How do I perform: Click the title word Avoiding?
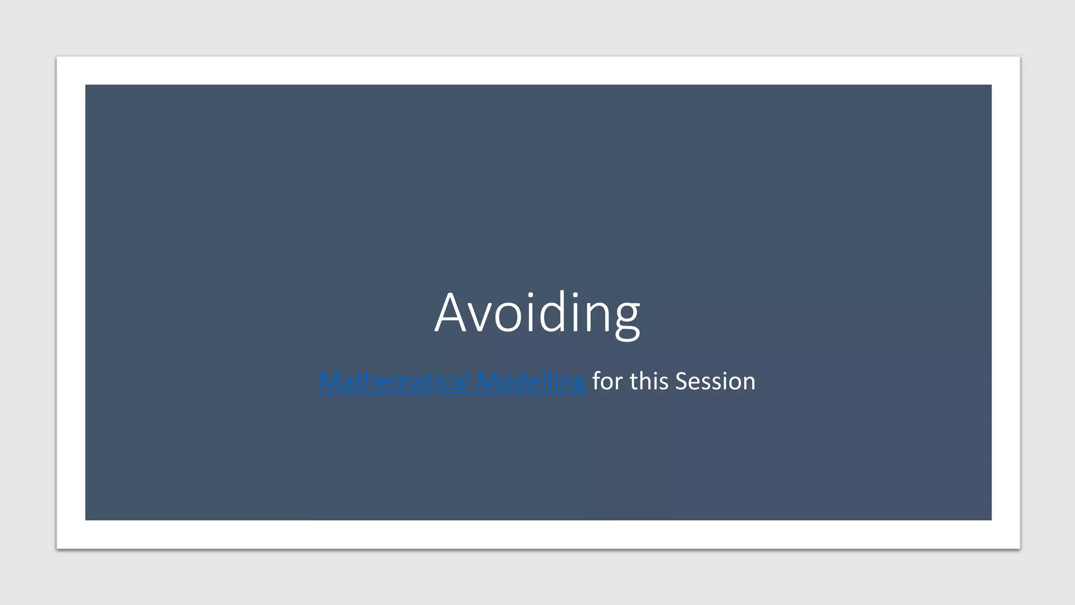[x=537, y=313]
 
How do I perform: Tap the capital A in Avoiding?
[x=452, y=313]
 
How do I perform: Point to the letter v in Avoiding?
[x=482, y=318]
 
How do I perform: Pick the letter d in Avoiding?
[x=551, y=313]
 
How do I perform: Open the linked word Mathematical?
[x=395, y=381]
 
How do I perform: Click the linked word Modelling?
[x=531, y=381]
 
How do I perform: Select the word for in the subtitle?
[x=608, y=381]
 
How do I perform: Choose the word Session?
[x=715, y=381]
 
